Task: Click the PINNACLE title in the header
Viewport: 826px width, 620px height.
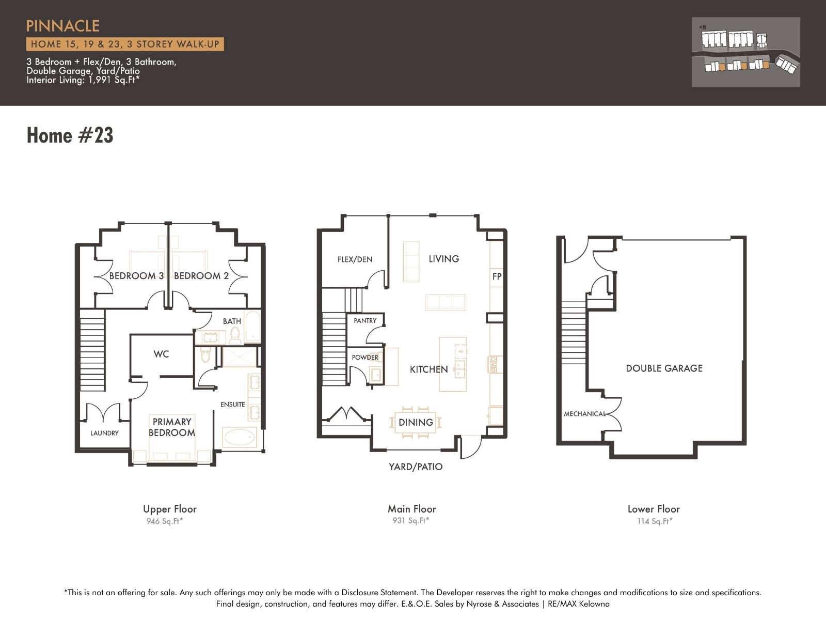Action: pyautogui.click(x=63, y=26)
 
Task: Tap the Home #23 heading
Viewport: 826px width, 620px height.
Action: pyautogui.click(x=70, y=135)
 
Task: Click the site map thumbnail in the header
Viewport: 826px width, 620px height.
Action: pyautogui.click(x=745, y=52)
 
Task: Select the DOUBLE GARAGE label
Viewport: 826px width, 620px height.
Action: pyautogui.click(x=664, y=368)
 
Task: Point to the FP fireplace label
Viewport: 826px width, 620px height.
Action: pyautogui.click(x=497, y=276)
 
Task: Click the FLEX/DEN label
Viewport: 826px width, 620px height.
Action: pyautogui.click(x=355, y=259)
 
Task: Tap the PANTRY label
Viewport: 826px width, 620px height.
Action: pyautogui.click(x=365, y=321)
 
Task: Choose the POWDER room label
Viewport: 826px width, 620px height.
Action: pyautogui.click(x=365, y=358)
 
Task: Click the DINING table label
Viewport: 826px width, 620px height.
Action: pyautogui.click(x=416, y=423)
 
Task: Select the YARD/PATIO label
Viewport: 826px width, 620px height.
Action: pyautogui.click(x=416, y=467)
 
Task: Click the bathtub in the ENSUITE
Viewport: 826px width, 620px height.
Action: pyautogui.click(x=240, y=438)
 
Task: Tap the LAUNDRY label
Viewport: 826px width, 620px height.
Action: pyautogui.click(x=104, y=433)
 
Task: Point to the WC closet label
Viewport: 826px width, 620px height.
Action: pyautogui.click(x=161, y=354)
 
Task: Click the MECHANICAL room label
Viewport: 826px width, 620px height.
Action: pyautogui.click(x=584, y=414)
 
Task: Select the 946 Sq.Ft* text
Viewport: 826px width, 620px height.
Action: pyautogui.click(x=165, y=521)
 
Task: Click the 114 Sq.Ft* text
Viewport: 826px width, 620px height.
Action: pyautogui.click(x=655, y=521)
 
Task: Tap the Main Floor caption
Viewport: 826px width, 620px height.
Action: pyautogui.click(x=412, y=509)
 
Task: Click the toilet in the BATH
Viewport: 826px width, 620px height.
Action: pyautogui.click(x=235, y=336)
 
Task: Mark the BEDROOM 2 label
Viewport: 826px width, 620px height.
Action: pyautogui.click(x=201, y=276)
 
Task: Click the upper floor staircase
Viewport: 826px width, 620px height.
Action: pyautogui.click(x=92, y=350)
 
